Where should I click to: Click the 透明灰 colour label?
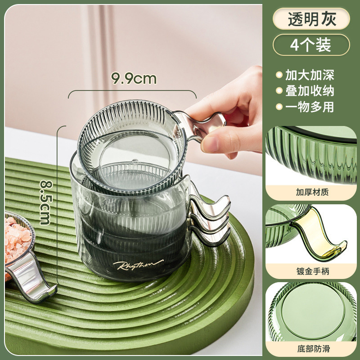pos(311,19)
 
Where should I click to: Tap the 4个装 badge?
pos(311,45)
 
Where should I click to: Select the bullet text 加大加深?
pos(310,75)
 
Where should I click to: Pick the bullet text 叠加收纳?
pos(310,91)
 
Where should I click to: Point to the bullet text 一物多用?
pos(310,107)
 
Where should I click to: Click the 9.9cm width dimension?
pos(134,78)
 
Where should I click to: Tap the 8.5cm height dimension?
pos(46,202)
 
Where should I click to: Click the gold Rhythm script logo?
pos(138,265)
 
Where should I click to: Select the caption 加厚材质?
pos(312,192)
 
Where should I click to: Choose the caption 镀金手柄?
pos(313,271)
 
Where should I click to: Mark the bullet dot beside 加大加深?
pos(279,75)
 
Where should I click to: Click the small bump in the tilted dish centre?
pos(135,162)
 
